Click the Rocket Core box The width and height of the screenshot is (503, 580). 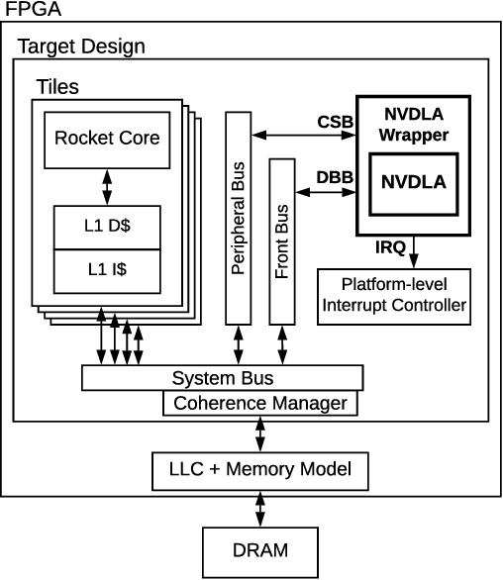tap(106, 138)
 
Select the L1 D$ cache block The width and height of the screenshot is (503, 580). tap(106, 227)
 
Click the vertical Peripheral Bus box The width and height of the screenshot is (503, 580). tap(238, 218)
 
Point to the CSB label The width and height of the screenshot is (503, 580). tap(332, 123)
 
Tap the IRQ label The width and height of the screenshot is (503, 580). tap(390, 246)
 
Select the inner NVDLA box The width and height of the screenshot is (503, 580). tap(414, 183)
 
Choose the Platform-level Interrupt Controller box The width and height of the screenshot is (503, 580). tap(393, 295)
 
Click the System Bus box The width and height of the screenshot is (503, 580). tap(222, 378)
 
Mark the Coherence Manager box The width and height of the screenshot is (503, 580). tap(259, 403)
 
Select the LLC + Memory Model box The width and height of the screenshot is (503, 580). tap(259, 469)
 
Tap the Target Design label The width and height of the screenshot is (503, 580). tap(82, 47)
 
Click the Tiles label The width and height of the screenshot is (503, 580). tap(57, 87)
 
